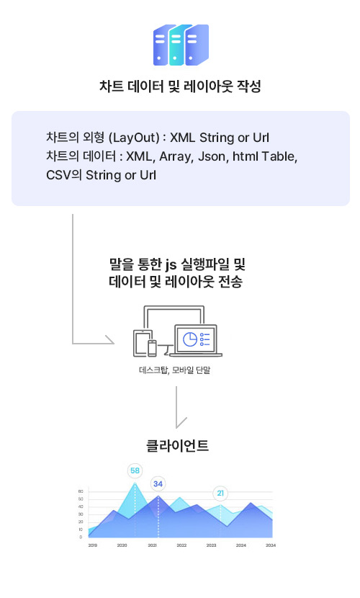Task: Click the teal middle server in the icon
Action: click(176, 45)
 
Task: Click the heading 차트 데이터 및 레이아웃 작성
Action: click(180, 86)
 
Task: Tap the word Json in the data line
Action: click(212, 156)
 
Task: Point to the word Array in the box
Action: click(176, 157)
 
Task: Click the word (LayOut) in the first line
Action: click(134, 138)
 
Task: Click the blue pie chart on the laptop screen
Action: click(190, 339)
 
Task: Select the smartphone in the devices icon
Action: click(152, 348)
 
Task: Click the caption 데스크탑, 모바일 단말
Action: click(174, 370)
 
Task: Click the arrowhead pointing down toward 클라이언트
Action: click(181, 423)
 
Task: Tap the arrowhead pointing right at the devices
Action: click(109, 339)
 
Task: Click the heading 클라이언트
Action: click(177, 445)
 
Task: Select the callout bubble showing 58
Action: click(135, 470)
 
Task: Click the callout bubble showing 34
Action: click(158, 484)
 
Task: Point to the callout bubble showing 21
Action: click(220, 493)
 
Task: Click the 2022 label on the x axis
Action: click(181, 545)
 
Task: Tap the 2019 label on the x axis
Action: click(93, 545)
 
